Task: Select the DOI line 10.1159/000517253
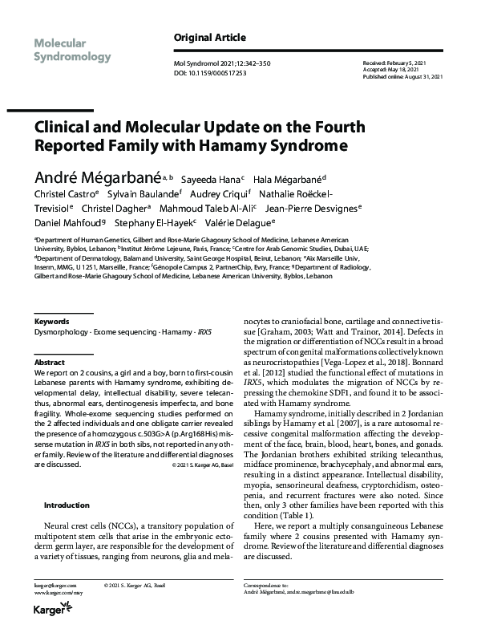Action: (210, 73)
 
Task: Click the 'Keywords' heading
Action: (51, 321)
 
